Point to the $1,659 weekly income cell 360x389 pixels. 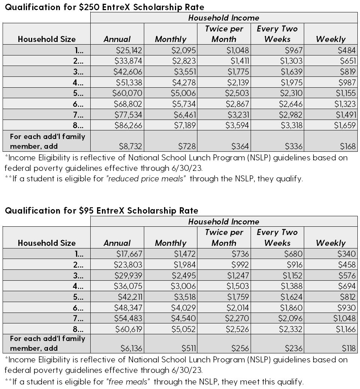point(345,126)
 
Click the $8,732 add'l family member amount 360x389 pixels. point(131,146)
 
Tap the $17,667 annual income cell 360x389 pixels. point(128,254)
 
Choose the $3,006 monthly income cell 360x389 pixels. point(184,286)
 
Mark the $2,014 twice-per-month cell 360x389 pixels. point(238,308)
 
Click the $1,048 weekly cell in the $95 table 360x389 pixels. point(345,319)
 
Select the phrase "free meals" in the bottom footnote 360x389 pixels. point(128,382)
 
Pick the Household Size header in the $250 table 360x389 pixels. point(46,39)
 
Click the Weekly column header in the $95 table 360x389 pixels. point(331,243)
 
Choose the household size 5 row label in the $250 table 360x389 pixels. point(79,93)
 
